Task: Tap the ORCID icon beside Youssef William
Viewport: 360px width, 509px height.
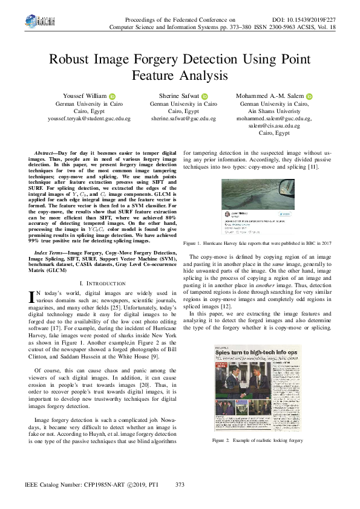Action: point(113,96)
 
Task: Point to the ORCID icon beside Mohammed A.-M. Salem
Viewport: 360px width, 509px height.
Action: point(309,96)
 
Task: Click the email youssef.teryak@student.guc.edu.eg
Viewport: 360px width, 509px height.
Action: point(89,118)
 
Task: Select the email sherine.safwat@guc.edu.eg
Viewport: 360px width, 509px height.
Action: point(183,118)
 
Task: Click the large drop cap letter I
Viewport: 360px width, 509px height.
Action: point(33,296)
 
